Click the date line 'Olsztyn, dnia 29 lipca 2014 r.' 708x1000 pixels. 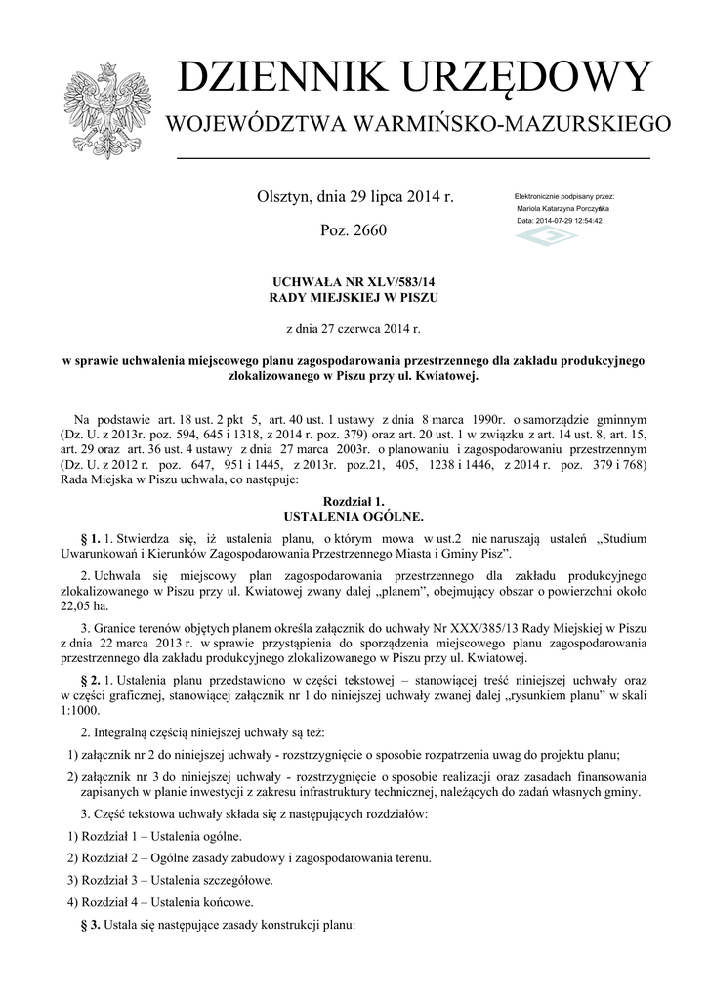tap(354, 197)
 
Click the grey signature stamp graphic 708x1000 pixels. tap(547, 237)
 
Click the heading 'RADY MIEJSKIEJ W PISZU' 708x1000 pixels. tap(354, 295)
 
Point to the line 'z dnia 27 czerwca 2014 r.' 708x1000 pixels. tap(354, 329)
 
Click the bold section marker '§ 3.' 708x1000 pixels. tap(89, 924)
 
